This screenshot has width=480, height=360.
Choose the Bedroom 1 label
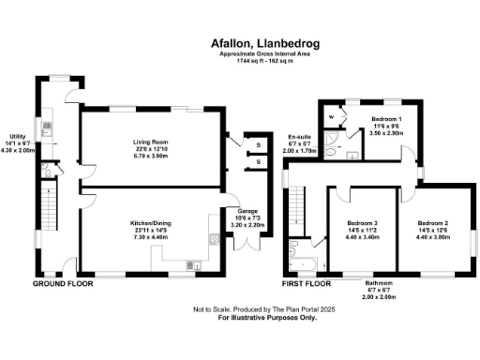[x=386, y=120]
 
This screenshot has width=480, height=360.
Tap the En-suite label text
[x=297, y=137]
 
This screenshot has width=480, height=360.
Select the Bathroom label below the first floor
[x=379, y=283]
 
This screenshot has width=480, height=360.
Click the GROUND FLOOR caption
[x=63, y=282]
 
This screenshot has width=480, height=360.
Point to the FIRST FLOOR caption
[x=307, y=282]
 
